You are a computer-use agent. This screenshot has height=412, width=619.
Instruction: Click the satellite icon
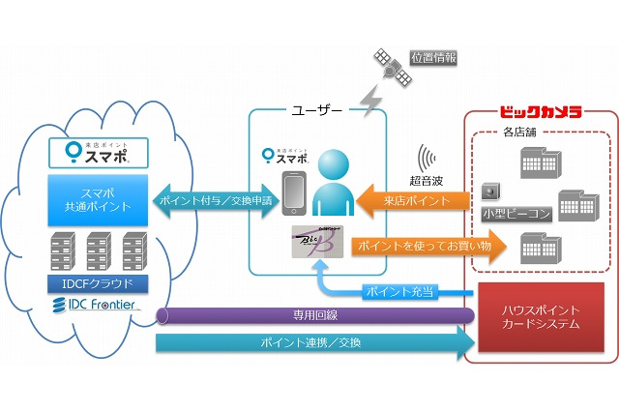click(391, 66)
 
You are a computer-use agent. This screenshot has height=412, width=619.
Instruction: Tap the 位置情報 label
click(433, 58)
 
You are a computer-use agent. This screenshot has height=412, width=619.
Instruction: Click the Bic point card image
click(317, 241)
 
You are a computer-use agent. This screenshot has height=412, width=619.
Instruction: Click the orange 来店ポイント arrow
click(415, 200)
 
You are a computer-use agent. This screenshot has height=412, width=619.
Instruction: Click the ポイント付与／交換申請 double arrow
click(216, 200)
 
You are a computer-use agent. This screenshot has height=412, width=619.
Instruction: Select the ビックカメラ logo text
click(541, 112)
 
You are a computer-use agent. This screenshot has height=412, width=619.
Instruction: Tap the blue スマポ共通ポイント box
click(96, 198)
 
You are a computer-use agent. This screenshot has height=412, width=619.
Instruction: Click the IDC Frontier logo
click(96, 307)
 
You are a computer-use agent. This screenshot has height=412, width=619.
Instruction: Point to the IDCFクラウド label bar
click(96, 283)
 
